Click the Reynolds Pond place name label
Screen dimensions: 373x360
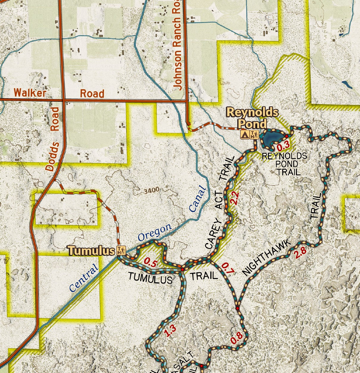[x=252, y=118]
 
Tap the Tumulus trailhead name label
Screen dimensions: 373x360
[x=91, y=251]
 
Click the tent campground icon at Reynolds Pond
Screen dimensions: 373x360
[x=245, y=135]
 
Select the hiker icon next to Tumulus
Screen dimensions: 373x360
[x=121, y=250]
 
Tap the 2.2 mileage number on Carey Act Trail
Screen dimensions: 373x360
[x=235, y=198]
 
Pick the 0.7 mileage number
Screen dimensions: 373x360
[x=228, y=268]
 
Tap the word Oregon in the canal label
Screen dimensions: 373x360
[x=155, y=232]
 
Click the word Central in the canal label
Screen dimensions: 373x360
[x=84, y=278]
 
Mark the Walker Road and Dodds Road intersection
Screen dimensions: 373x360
[x=63, y=100]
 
